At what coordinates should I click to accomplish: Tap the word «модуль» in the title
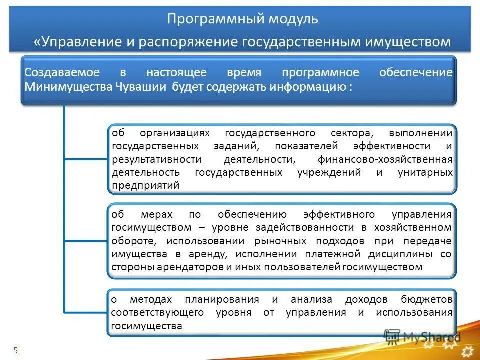click(x=294, y=19)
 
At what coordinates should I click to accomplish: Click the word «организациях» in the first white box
click(x=176, y=133)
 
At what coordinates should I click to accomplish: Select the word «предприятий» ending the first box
click(x=146, y=185)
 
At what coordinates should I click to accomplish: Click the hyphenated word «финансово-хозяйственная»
click(x=385, y=159)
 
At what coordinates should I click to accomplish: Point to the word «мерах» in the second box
click(x=156, y=214)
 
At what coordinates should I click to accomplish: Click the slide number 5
click(x=15, y=350)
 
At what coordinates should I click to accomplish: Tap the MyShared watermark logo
click(x=422, y=337)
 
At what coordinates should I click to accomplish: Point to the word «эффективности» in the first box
click(x=392, y=146)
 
